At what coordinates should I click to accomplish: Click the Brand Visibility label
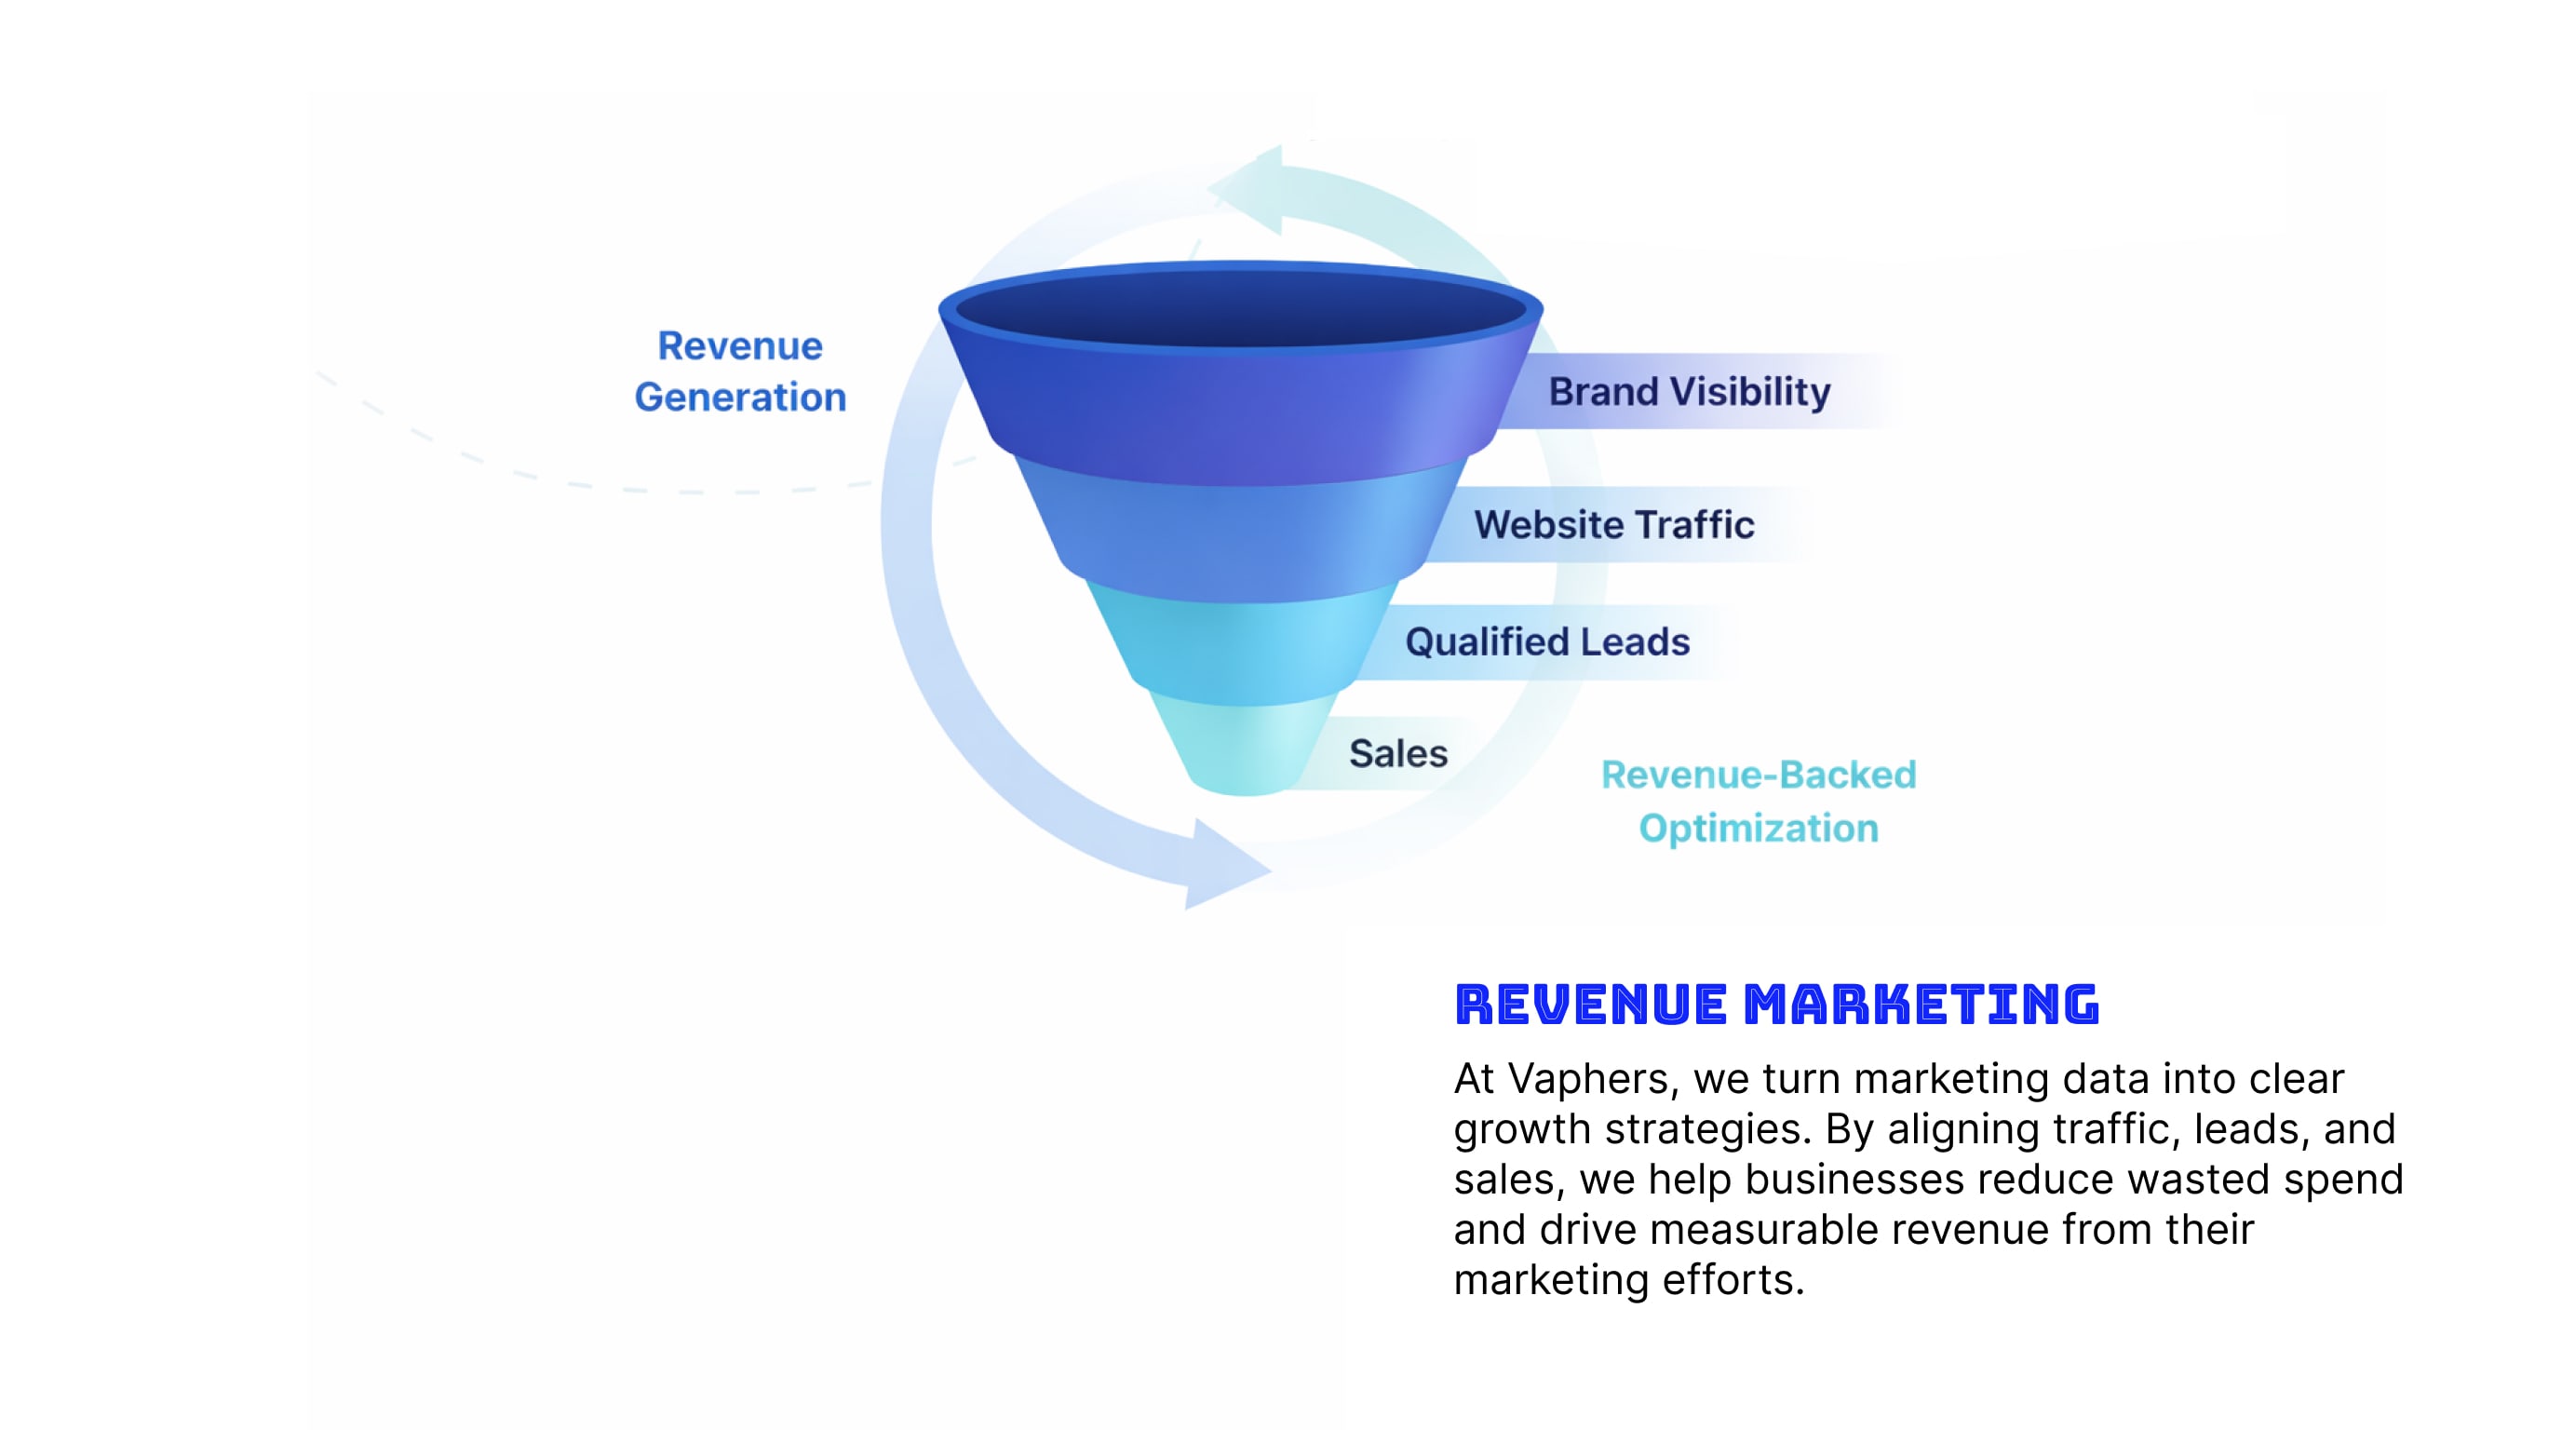coord(1689,392)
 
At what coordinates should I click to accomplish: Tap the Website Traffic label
coord(1613,525)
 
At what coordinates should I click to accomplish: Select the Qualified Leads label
coord(1546,642)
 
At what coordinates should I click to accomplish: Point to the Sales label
coord(1397,754)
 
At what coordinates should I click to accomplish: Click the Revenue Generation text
coord(740,371)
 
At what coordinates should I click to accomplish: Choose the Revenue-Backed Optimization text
coord(1759,802)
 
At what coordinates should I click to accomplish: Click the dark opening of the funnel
coord(1240,308)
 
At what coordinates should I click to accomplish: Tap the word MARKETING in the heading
coord(1921,1005)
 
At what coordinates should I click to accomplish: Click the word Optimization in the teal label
coord(1759,829)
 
